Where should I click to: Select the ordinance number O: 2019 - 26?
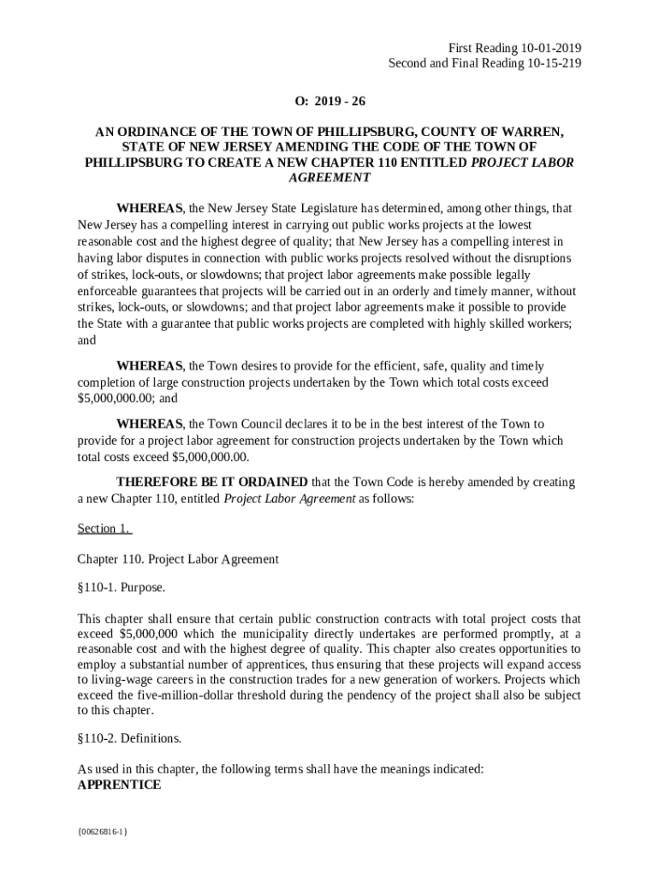(x=329, y=102)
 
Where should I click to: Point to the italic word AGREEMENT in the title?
(x=329, y=178)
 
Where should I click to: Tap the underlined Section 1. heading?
(x=104, y=529)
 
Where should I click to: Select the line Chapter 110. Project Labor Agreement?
(x=178, y=559)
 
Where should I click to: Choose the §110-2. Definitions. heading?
(x=129, y=737)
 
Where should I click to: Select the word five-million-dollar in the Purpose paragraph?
(x=192, y=695)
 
